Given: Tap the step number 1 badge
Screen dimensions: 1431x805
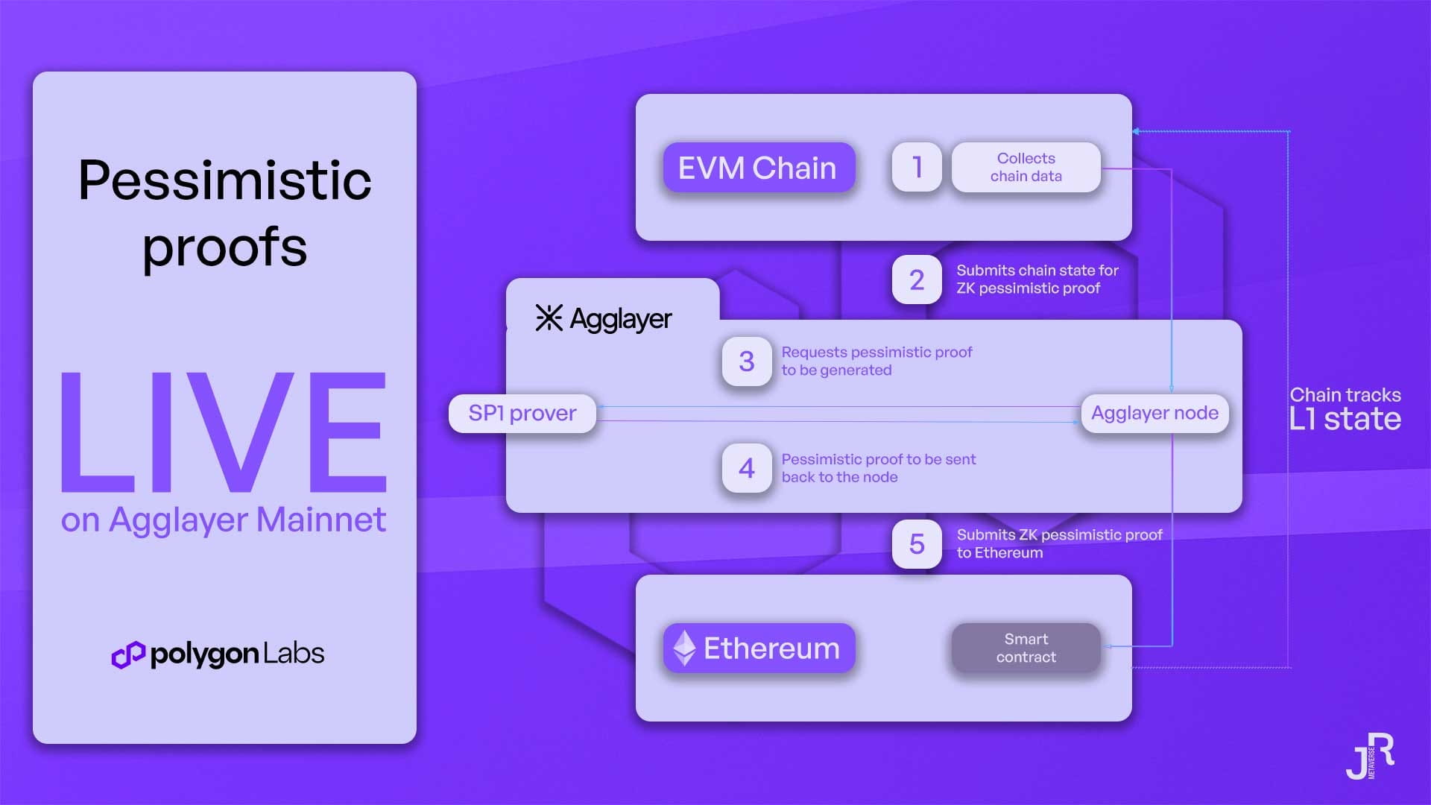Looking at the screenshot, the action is coord(917,167).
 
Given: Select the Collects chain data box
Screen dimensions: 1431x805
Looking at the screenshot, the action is coord(1026,167).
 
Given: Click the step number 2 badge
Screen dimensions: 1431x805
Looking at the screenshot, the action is coord(917,280).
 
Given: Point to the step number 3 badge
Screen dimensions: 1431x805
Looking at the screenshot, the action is coord(746,362).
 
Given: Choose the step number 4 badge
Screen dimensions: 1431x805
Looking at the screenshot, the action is coord(746,468).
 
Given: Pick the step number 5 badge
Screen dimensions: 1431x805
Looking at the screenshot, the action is coord(917,544).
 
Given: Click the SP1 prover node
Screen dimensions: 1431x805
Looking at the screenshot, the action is coord(522,413).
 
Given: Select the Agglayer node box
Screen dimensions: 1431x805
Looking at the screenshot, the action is coord(1154,413).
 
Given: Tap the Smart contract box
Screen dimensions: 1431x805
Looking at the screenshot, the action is coord(1026,648).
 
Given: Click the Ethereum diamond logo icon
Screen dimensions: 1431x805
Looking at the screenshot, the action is coord(684,648).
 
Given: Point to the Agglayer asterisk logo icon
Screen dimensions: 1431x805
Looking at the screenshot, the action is coord(549,318).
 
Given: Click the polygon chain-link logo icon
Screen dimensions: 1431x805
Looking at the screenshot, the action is coord(127,654).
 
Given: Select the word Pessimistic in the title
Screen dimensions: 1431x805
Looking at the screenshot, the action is coord(224,180).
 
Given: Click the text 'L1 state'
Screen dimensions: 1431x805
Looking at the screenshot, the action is coord(1345,419).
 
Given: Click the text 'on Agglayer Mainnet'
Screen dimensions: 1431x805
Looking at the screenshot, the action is coord(224,520).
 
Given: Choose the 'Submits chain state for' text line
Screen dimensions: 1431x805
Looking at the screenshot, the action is coord(1037,271).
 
